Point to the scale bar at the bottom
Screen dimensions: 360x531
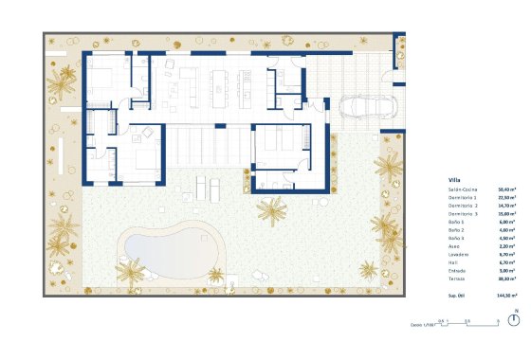[468, 324]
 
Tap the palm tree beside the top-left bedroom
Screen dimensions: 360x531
[64, 85]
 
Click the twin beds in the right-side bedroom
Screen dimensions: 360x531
[279, 141]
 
